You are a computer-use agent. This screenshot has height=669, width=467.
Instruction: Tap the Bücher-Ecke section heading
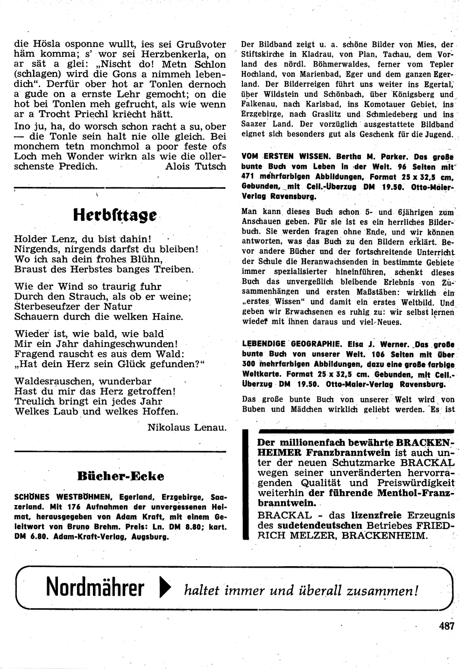[120, 476]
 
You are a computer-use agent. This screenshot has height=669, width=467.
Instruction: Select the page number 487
[446, 626]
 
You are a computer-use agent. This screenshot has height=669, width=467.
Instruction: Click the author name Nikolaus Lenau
[187, 427]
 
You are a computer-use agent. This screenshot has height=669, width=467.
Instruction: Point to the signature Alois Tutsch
[196, 166]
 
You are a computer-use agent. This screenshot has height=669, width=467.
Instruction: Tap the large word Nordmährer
[95, 589]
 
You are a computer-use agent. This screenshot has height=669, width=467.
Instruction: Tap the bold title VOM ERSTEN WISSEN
[273, 157]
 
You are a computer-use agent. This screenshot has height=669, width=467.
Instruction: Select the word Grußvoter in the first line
[202, 45]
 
